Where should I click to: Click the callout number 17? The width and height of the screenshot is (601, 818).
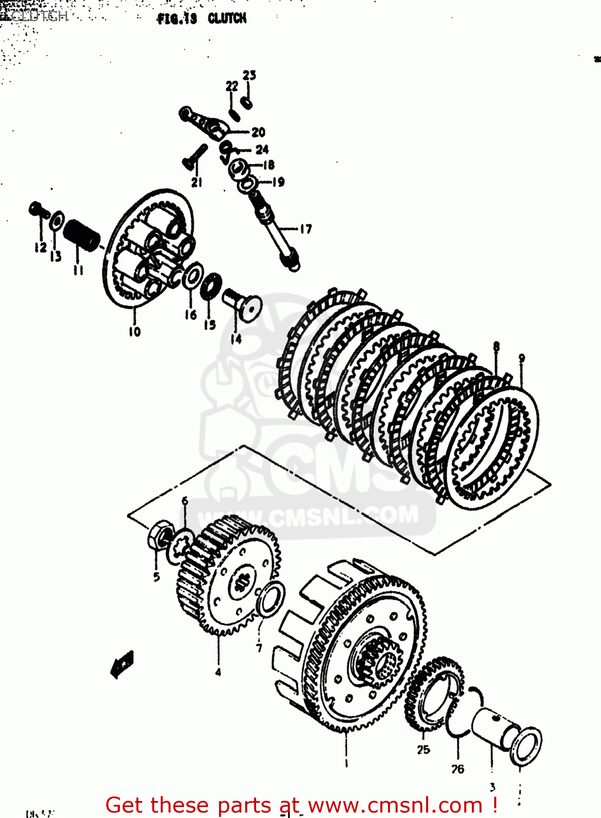click(x=306, y=229)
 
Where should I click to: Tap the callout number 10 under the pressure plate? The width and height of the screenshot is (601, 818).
click(x=135, y=331)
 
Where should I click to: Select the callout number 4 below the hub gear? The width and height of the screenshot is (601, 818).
click(x=218, y=672)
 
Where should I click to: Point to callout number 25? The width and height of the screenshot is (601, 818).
click(x=423, y=750)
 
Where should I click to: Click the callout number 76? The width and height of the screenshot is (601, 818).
click(x=458, y=769)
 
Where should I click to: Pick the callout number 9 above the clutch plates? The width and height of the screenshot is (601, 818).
click(x=521, y=358)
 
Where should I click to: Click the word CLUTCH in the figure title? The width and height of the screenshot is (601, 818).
click(x=227, y=19)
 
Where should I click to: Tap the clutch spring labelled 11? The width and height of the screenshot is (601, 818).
click(x=82, y=233)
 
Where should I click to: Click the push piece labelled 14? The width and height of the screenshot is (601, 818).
click(x=243, y=306)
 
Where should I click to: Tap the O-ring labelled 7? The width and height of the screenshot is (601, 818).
click(x=270, y=598)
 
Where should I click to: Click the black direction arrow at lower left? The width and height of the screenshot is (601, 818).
click(x=122, y=664)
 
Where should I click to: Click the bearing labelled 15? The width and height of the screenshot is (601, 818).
click(x=211, y=286)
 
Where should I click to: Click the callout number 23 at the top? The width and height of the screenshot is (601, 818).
click(x=249, y=75)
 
